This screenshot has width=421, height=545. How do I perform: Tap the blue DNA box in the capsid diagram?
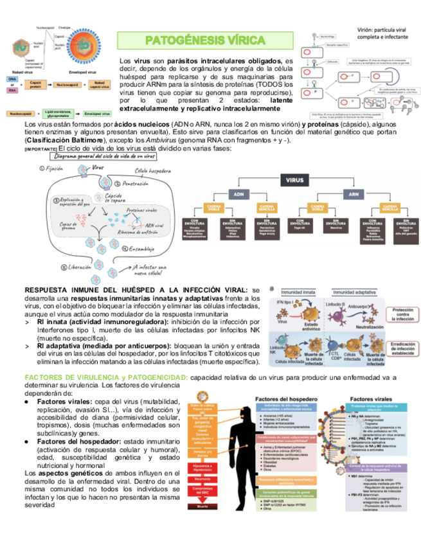pyautogui.click(x=12, y=78)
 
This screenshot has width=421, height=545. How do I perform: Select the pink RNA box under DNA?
pyautogui.click(x=12, y=91)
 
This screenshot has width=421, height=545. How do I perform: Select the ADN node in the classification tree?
pyautogui.click(x=238, y=193)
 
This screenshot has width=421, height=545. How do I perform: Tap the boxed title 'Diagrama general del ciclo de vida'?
pyautogui.click(x=105, y=156)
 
